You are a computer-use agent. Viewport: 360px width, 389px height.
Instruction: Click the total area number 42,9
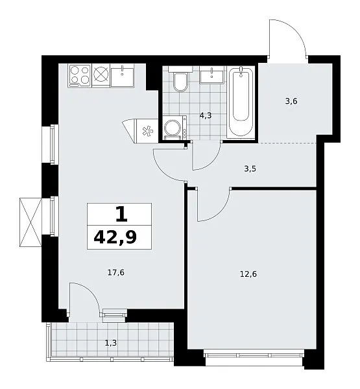click(x=115, y=237)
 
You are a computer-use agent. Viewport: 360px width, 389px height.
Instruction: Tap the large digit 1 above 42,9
click(x=121, y=214)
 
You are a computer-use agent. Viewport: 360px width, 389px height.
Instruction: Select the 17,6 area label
click(x=116, y=273)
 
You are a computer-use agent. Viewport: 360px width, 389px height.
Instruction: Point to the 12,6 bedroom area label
click(x=248, y=274)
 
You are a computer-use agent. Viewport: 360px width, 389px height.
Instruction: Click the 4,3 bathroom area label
click(x=206, y=115)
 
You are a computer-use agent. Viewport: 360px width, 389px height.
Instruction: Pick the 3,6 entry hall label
click(x=291, y=101)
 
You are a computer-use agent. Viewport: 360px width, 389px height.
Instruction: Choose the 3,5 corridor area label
click(x=250, y=169)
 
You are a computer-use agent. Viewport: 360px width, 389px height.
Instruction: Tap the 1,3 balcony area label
click(x=111, y=343)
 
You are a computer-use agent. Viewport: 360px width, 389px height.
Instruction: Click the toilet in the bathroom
click(x=180, y=79)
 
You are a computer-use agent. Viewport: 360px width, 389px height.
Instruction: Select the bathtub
click(x=241, y=101)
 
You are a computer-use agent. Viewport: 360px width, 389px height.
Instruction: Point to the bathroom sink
click(x=211, y=75)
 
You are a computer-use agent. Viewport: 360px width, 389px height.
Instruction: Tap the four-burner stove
click(x=80, y=75)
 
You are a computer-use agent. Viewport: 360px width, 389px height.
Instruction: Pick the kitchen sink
click(x=122, y=75)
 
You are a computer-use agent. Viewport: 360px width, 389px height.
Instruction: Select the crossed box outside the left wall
click(x=30, y=222)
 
